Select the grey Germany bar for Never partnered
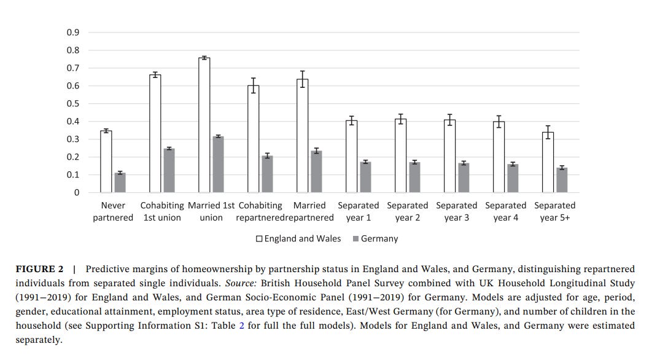pos(120,182)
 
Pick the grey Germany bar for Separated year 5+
pos(562,180)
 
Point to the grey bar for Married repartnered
pos(316,171)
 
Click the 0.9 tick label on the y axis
pos(73,33)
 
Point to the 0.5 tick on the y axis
pos(73,103)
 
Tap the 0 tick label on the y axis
pos(77,192)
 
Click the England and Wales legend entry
pos(298,238)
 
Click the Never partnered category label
pos(113,211)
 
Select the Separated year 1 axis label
pos(359,211)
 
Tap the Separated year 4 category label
pos(506,211)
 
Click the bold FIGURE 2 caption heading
pos(39,269)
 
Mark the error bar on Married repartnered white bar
pos(302,79)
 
